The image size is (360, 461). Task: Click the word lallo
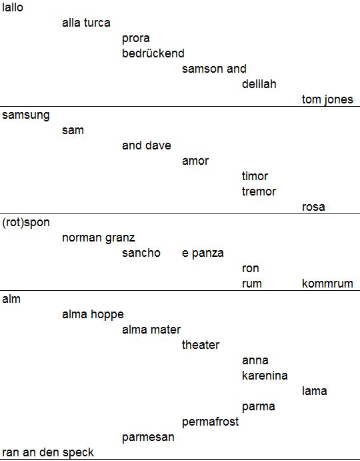click(13, 7)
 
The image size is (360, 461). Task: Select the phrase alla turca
click(86, 23)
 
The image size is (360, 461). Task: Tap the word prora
click(136, 39)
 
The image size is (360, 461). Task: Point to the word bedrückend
click(153, 53)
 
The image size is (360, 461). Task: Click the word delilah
click(259, 84)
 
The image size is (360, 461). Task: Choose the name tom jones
click(327, 99)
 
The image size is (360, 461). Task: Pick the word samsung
click(26, 115)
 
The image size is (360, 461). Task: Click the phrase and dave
click(147, 145)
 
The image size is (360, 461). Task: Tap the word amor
click(195, 161)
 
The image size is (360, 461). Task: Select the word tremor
click(259, 191)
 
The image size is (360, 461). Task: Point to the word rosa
click(313, 207)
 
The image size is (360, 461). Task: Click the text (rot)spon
click(26, 223)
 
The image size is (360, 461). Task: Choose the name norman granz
click(99, 238)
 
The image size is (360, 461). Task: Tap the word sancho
click(141, 253)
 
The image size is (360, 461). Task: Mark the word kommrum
click(327, 284)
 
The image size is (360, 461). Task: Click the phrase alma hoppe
click(93, 315)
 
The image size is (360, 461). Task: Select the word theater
click(201, 345)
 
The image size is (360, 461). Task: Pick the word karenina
click(265, 376)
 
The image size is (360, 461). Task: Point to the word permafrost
click(211, 422)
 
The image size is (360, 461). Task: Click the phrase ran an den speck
click(48, 452)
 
